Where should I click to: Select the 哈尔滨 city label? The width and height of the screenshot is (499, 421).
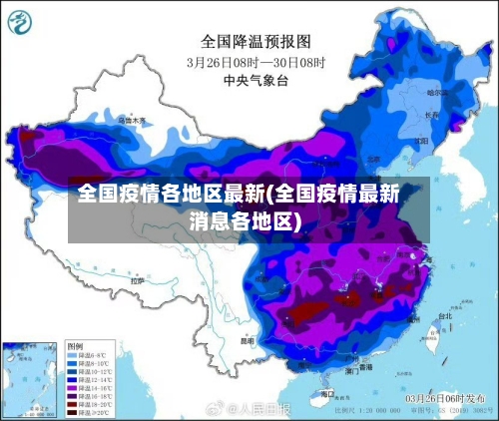click(437, 93)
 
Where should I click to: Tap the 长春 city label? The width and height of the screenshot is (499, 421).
click(431, 115)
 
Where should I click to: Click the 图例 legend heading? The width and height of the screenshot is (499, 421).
click(76, 345)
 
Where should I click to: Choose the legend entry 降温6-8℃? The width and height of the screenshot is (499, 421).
click(89, 354)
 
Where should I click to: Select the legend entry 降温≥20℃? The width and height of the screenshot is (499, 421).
click(89, 410)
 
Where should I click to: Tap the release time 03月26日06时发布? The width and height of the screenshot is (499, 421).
click(445, 397)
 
